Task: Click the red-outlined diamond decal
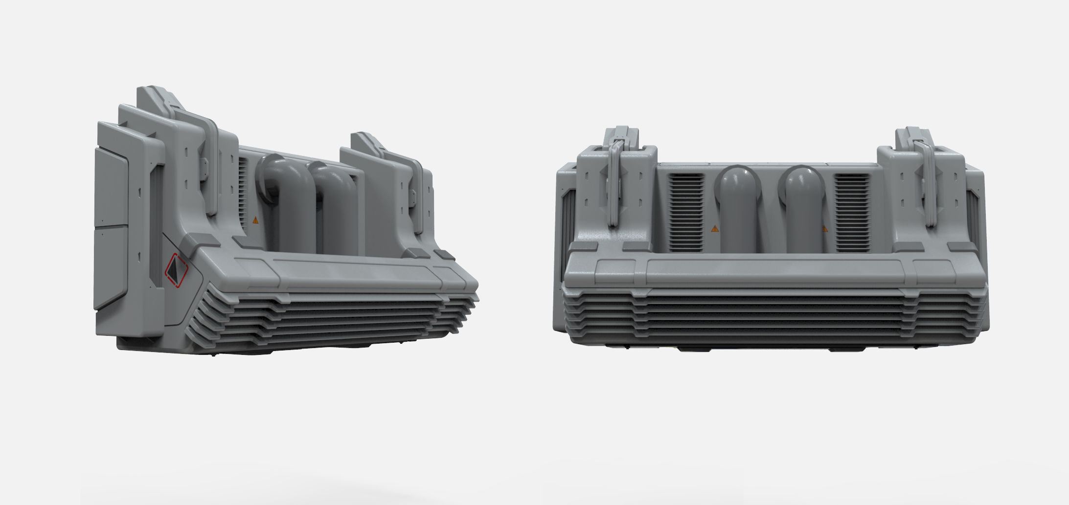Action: tap(177, 270)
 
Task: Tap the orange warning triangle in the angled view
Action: tap(255, 220)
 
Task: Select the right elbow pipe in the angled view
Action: tap(338, 210)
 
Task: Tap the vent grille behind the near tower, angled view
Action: tap(243, 181)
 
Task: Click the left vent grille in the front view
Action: tap(686, 213)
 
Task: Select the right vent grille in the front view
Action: tap(852, 213)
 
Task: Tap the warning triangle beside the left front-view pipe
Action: tap(715, 228)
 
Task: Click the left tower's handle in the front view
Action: tap(615, 181)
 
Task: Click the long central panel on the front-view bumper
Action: tap(774, 272)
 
